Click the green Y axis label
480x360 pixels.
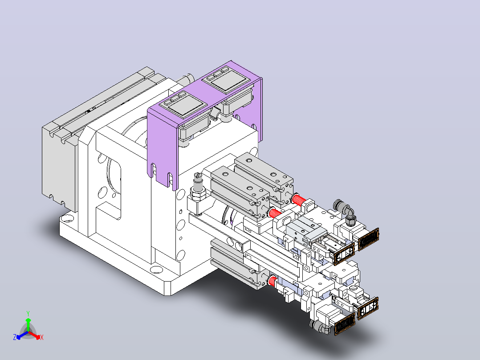coord(28,313)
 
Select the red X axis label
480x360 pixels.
coord(42,337)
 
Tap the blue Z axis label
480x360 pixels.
coord(15,337)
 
